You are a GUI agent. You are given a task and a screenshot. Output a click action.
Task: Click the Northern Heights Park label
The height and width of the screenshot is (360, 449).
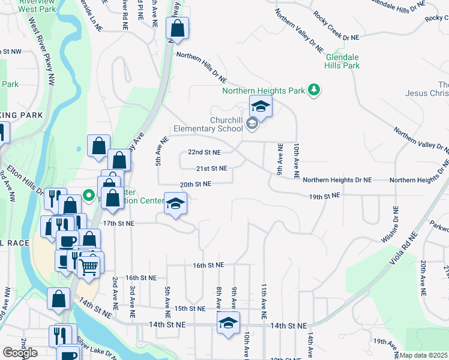(264, 91)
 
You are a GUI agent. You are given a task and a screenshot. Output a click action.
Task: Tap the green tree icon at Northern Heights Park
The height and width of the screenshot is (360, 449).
(313, 91)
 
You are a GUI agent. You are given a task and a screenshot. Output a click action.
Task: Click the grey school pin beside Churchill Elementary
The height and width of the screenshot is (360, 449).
(252, 124)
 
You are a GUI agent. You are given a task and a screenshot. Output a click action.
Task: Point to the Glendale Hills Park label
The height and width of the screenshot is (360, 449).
(343, 61)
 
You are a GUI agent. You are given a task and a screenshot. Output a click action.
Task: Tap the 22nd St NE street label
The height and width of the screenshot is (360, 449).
(204, 152)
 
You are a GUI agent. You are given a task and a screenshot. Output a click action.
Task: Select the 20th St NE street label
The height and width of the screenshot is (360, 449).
(195, 184)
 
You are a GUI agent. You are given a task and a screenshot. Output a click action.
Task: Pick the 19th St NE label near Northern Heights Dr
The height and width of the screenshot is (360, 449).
(325, 196)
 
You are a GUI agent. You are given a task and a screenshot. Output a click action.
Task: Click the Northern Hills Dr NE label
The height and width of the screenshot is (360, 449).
(201, 67)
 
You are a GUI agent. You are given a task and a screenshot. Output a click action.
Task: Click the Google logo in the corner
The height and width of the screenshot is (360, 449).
(20, 353)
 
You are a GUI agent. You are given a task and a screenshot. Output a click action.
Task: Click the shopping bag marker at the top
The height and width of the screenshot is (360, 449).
(178, 28)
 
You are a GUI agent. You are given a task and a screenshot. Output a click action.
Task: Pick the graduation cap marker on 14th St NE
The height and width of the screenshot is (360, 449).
(228, 323)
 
